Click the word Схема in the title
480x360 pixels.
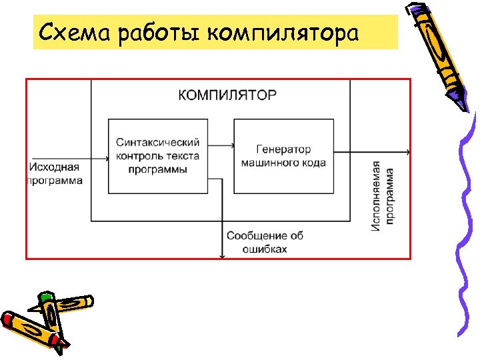coord(73,32)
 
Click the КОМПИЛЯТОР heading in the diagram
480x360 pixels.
coord(227,95)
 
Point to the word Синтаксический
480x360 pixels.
coord(158,143)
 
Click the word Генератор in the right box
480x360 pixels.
coord(283,149)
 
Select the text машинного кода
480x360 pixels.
coord(283,163)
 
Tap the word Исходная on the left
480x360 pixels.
coord(55,167)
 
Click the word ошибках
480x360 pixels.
coord(265,249)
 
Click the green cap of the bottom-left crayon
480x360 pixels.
coord(45,297)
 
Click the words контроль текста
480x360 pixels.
coord(158,156)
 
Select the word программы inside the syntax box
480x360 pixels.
coord(158,169)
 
